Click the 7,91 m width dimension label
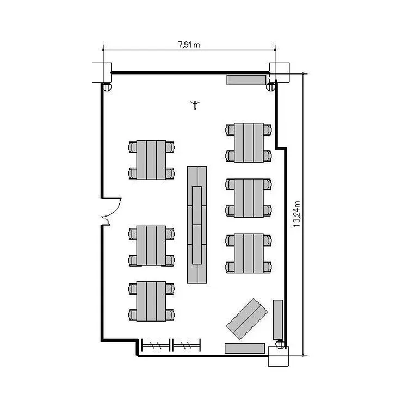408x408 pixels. point(189,45)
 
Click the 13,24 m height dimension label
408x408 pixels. point(297,214)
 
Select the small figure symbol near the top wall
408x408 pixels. point(195,105)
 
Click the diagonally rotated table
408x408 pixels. point(246,319)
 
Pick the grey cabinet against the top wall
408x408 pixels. point(246,80)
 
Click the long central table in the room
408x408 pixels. point(197,225)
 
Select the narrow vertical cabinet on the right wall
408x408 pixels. point(278,320)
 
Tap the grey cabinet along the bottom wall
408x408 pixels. point(245,348)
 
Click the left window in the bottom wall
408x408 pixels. point(156,345)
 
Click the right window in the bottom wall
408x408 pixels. point(186,345)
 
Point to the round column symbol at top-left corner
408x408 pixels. point(107,86)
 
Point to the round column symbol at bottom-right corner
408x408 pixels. point(280,344)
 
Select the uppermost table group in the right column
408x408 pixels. point(249,143)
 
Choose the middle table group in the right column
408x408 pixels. point(249,198)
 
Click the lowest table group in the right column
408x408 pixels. point(249,253)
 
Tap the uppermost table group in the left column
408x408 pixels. point(151,160)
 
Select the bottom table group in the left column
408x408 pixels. point(151,301)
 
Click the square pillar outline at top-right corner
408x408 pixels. point(280,72)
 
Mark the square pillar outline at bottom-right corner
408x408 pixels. point(279,356)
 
